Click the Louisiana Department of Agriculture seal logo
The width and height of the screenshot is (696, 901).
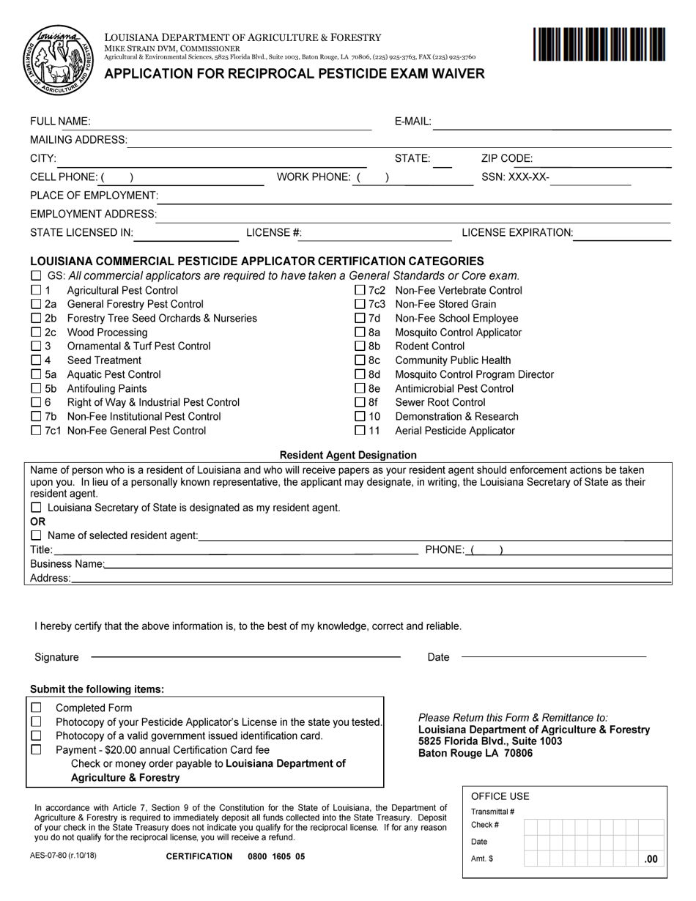pyautogui.click(x=58, y=60)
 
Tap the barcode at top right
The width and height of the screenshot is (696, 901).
pyautogui.click(x=599, y=44)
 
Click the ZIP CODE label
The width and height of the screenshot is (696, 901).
pyautogui.click(x=507, y=158)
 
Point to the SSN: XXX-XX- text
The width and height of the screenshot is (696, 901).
pyautogui.click(x=515, y=177)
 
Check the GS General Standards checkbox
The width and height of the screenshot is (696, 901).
pyautogui.click(x=36, y=276)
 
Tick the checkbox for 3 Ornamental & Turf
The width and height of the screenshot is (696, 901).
pyautogui.click(x=36, y=346)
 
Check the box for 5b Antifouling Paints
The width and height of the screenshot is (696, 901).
pyautogui.click(x=36, y=389)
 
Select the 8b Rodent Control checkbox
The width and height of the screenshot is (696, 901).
pyautogui.click(x=360, y=346)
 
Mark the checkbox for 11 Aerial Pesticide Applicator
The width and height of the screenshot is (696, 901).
pyautogui.click(x=360, y=431)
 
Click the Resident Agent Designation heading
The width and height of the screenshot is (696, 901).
pyautogui.click(x=348, y=455)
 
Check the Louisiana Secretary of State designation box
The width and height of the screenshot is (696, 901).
pyautogui.click(x=36, y=508)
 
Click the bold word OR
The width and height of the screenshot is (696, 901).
pyautogui.click(x=37, y=522)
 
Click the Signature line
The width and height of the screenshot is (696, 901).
pyautogui.click(x=245, y=656)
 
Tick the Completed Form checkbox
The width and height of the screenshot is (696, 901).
pyautogui.click(x=36, y=708)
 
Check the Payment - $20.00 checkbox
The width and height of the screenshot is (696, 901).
pyautogui.click(x=36, y=750)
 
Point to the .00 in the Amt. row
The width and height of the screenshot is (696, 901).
pyautogui.click(x=651, y=860)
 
